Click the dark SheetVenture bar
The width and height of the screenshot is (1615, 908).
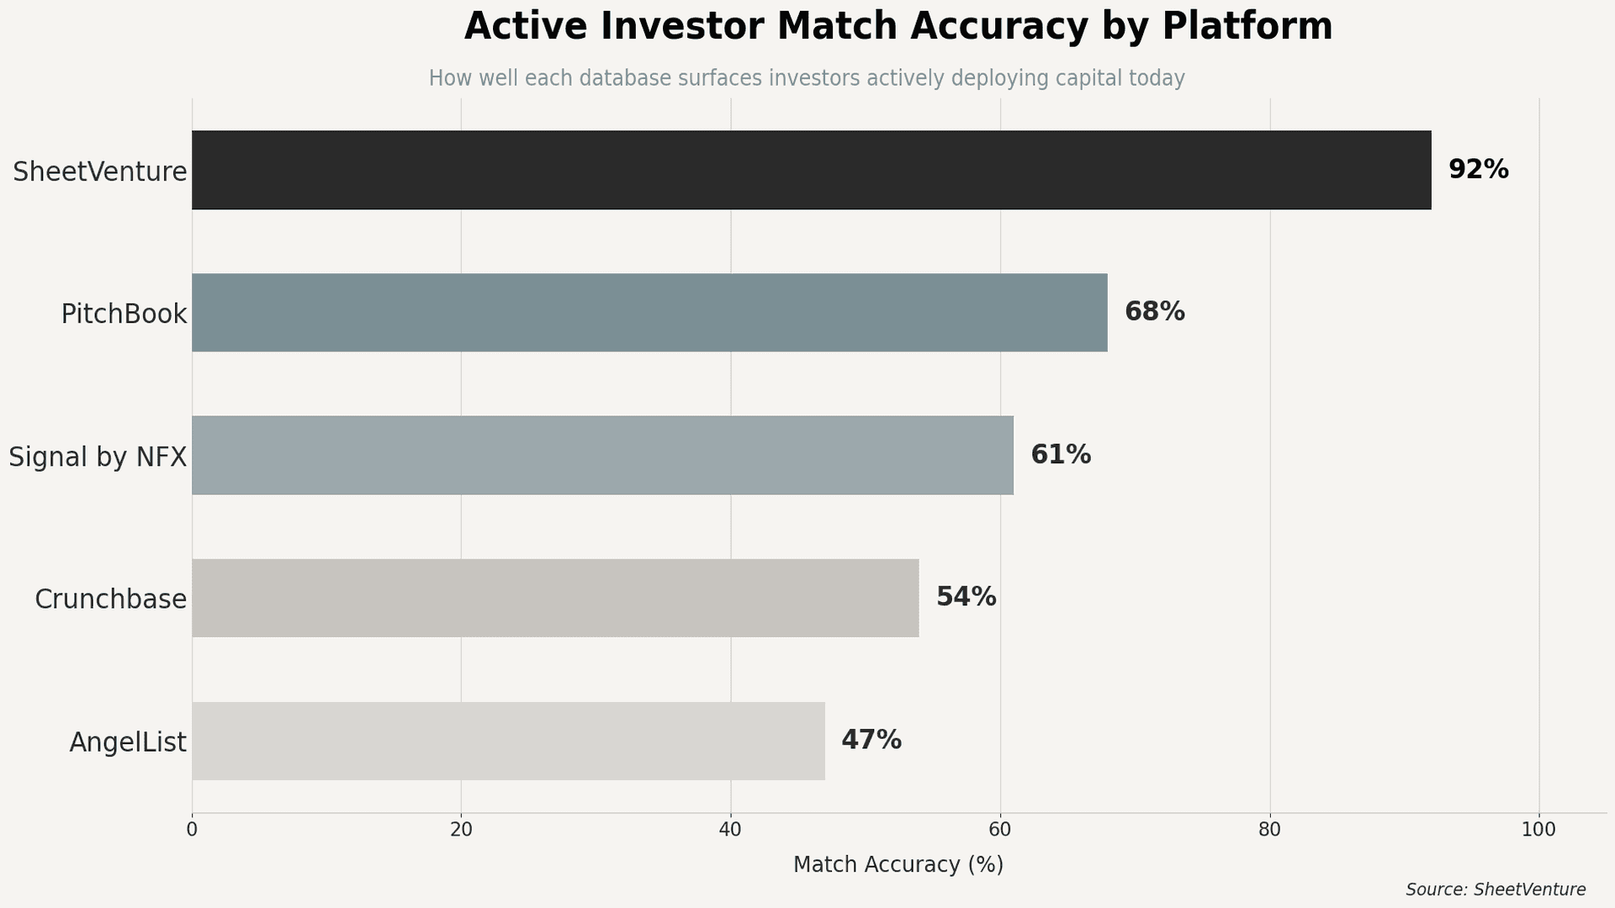[x=811, y=170]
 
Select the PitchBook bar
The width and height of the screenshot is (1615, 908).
[x=649, y=313]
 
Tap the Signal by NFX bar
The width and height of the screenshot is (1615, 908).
[x=602, y=455]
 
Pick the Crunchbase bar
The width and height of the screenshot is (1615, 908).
[x=555, y=598]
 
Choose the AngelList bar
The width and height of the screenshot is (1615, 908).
[x=508, y=741]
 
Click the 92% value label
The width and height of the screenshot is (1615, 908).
[x=1478, y=170]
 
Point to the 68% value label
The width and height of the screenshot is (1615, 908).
[x=1154, y=312]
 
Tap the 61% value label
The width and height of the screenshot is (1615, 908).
[x=1060, y=455]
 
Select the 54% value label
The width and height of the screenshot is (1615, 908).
[x=966, y=597]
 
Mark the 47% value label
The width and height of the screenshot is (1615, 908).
[x=871, y=740]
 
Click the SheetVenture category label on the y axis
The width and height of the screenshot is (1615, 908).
[x=99, y=172]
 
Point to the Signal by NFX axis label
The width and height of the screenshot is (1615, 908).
[x=98, y=457]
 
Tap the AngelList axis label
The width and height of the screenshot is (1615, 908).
[x=128, y=742]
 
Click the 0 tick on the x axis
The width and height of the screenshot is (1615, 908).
[x=192, y=830]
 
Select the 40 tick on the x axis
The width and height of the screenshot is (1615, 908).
[x=730, y=830]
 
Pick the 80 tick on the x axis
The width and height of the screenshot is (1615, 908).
[x=1269, y=830]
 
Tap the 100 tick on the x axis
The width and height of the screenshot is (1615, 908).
[x=1538, y=830]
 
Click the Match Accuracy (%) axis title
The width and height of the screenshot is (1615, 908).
[x=898, y=864]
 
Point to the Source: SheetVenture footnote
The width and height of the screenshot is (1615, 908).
[x=1495, y=890]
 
